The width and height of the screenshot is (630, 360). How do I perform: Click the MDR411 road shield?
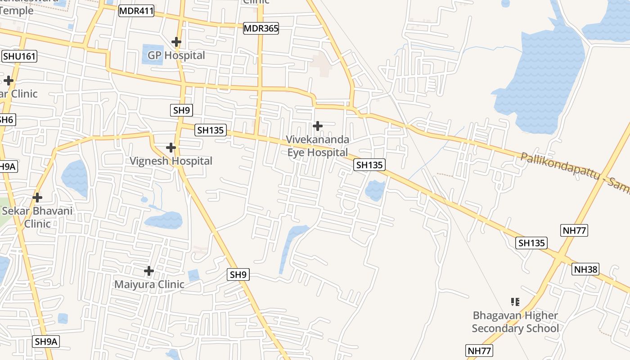136,11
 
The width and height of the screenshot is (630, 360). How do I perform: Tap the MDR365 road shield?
261,28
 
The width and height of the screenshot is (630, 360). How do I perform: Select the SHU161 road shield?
19,56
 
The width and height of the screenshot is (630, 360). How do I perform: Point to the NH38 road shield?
586,269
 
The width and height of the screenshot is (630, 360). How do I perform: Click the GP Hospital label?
176,55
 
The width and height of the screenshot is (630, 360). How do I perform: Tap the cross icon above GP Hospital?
176,42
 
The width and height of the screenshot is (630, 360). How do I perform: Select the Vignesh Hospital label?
171,161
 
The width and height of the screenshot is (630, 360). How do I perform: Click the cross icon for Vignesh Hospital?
171,147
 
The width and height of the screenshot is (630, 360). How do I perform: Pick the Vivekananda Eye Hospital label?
318,146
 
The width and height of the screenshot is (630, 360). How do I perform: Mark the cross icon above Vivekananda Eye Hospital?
318,126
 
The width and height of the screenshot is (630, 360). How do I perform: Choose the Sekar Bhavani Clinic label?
37,217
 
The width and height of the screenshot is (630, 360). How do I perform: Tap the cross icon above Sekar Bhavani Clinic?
37,197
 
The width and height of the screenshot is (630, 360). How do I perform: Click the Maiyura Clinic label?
149,284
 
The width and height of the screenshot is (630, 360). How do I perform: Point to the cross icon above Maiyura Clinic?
149,270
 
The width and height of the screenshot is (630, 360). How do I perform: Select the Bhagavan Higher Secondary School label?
515,322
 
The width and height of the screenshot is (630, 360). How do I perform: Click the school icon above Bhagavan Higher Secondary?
515,301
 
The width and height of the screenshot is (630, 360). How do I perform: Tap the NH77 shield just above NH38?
575,230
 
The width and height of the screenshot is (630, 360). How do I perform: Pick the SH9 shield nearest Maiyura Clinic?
238,274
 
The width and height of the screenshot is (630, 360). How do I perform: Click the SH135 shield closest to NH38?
531,243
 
